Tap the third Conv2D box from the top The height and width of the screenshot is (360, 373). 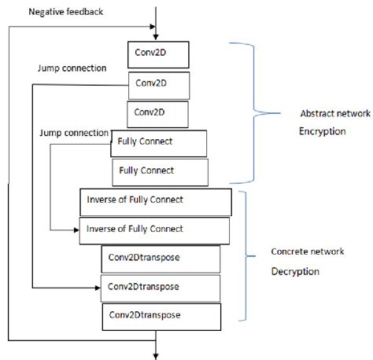[157, 113]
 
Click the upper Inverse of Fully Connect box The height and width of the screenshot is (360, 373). [154, 200]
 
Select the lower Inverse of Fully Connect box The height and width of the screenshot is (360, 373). [154, 230]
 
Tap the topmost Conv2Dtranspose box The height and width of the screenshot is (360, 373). [161, 259]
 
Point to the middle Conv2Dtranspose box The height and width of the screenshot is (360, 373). [161, 287]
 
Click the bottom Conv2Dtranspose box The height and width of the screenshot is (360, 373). [160, 316]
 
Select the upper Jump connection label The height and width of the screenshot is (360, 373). [72, 68]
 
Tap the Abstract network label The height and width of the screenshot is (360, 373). [335, 113]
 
